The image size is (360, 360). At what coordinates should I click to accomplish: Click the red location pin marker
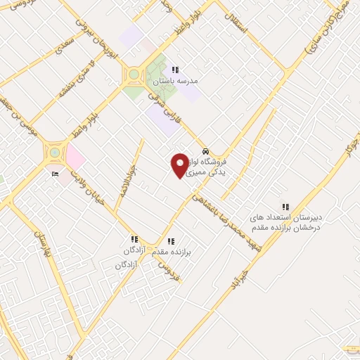(x=180, y=165)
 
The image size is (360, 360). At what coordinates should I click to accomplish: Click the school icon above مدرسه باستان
(x=176, y=70)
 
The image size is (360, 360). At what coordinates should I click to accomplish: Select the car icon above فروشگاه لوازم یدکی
(x=205, y=151)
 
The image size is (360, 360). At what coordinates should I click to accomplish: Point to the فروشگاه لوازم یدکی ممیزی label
(x=212, y=166)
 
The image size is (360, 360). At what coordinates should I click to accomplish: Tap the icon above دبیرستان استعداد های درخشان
(x=285, y=207)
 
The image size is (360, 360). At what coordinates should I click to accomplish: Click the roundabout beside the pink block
(x=53, y=152)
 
